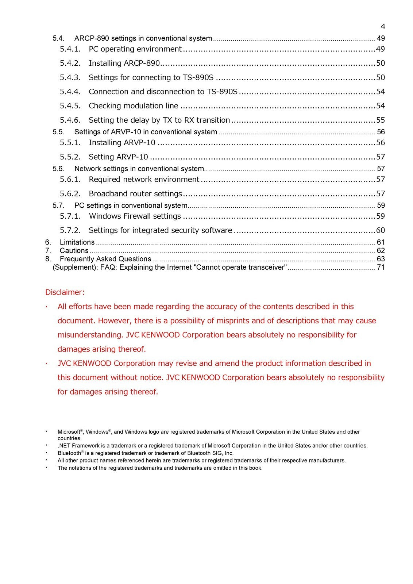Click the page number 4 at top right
coord(383,26)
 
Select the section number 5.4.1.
coord(70,49)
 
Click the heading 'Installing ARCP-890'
coord(124,64)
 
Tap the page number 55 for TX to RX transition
coord(381,120)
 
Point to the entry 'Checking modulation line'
coord(133,106)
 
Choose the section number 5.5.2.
coord(70,157)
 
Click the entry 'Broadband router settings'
coord(135,194)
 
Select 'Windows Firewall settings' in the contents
coord(135,216)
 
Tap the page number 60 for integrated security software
coord(381,231)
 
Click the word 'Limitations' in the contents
coord(77,242)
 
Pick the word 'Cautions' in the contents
coord(74,251)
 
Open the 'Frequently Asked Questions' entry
coord(105,259)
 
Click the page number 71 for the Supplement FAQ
coord(381,268)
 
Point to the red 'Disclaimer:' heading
coord(65,292)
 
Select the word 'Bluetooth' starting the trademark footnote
coord(69,453)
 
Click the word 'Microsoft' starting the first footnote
coord(69,432)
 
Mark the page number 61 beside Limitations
coord(381,242)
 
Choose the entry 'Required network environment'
coord(144,180)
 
